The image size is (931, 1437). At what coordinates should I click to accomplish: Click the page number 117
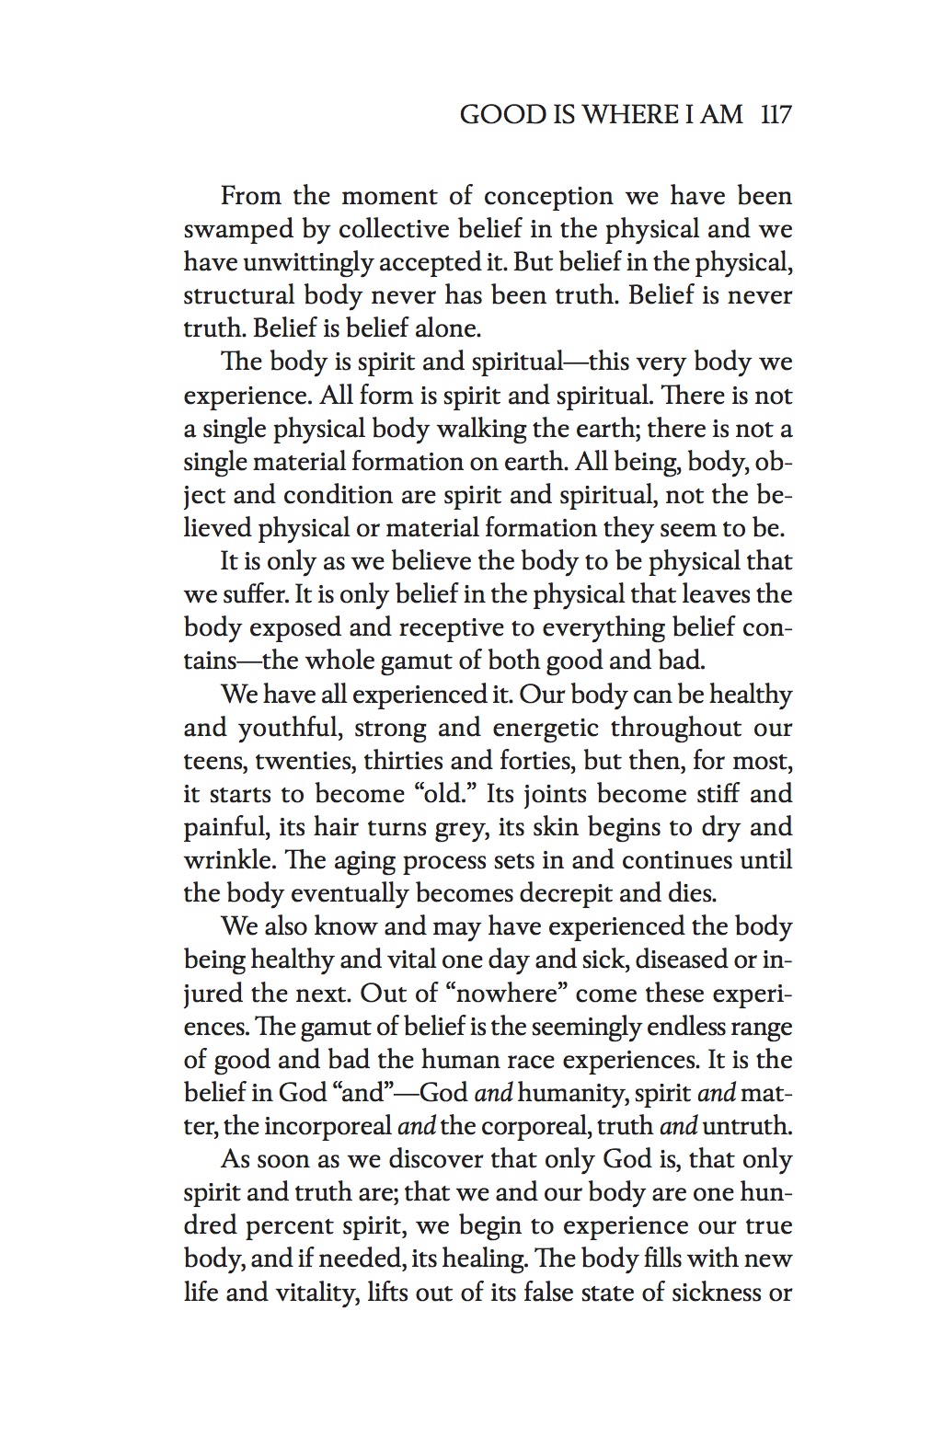(x=776, y=116)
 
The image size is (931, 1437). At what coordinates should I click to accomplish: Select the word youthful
(x=291, y=729)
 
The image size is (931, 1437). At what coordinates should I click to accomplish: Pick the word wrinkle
(x=228, y=861)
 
